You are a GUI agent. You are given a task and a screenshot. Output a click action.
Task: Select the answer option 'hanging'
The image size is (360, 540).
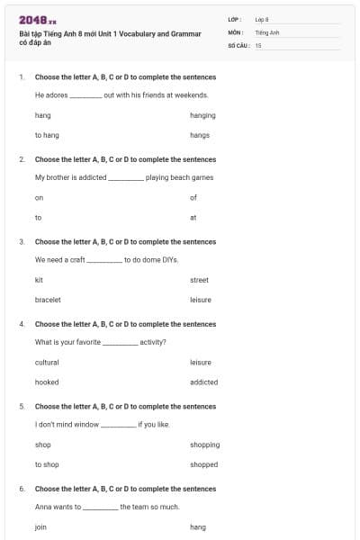(202, 115)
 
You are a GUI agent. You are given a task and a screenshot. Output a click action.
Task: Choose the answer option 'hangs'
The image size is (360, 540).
(200, 135)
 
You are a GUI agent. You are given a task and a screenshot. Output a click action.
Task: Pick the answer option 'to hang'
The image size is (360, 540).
(47, 135)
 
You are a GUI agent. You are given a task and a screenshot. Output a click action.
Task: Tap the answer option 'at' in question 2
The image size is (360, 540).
(193, 217)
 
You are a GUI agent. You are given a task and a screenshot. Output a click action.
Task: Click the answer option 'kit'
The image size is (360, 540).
(39, 280)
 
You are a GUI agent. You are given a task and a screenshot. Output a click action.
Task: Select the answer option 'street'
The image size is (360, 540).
(199, 280)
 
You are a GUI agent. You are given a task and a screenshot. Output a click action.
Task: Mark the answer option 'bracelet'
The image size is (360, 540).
(48, 299)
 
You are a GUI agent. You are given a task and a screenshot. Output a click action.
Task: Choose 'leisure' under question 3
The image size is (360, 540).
(201, 299)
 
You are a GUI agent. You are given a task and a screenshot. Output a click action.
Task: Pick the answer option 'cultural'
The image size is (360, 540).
(47, 362)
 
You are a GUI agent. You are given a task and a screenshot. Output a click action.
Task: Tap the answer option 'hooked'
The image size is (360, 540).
(46, 382)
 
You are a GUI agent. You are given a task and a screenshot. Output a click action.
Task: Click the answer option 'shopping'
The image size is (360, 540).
(204, 445)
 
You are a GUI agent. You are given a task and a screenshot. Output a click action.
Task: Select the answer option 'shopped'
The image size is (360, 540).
(203, 464)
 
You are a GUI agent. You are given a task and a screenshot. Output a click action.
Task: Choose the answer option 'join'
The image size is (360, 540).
(40, 526)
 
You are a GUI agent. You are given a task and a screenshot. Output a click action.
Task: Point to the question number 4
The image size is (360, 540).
(22, 324)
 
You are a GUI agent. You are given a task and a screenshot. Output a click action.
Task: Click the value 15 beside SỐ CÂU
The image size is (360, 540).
(258, 44)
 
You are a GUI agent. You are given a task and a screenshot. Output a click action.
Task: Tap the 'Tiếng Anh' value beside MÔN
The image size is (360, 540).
(266, 31)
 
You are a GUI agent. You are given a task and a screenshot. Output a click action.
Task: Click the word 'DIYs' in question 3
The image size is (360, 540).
(169, 259)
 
